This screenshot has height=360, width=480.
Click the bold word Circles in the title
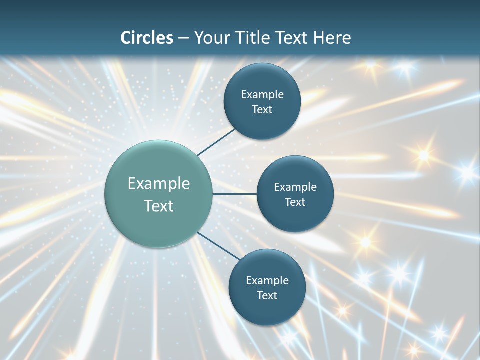pyautogui.click(x=147, y=38)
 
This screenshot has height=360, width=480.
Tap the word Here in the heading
pyautogui.click(x=332, y=38)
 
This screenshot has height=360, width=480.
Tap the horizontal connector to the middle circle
pyautogui.click(x=235, y=194)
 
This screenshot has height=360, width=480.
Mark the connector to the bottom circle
pyautogui.click(x=219, y=245)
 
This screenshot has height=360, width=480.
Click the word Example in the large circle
pyautogui.click(x=159, y=184)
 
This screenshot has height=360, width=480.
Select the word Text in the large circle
pyautogui.click(x=159, y=206)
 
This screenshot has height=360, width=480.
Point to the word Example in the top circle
pyautogui.click(x=262, y=95)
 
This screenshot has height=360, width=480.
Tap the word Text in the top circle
pyautogui.click(x=262, y=110)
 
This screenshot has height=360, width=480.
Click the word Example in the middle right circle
pyautogui.click(x=295, y=187)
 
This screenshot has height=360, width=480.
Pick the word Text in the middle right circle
pyautogui.click(x=295, y=202)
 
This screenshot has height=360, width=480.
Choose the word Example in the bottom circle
pyautogui.click(x=267, y=281)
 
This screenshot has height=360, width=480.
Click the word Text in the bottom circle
pyautogui.click(x=267, y=296)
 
